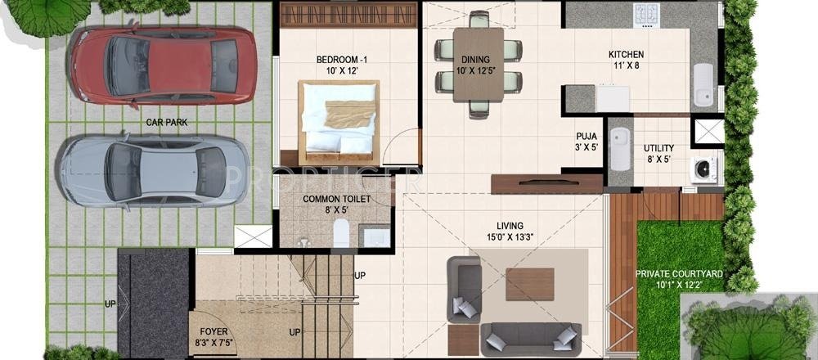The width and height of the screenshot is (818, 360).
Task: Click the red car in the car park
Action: click(164, 65)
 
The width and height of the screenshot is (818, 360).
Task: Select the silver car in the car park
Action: click(153, 170)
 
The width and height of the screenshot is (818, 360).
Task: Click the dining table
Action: click(479, 64)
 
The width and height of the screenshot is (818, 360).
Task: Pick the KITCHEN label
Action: click(626, 54)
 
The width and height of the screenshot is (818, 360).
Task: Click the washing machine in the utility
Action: click(703, 169)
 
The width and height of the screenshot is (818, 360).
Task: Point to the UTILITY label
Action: click(658, 147)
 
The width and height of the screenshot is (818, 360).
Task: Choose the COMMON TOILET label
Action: click(337, 199)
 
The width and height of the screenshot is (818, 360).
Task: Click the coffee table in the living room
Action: click(528, 283)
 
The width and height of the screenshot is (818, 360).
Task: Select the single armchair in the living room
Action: click(463, 290)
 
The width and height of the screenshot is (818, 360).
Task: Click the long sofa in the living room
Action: click(530, 337)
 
